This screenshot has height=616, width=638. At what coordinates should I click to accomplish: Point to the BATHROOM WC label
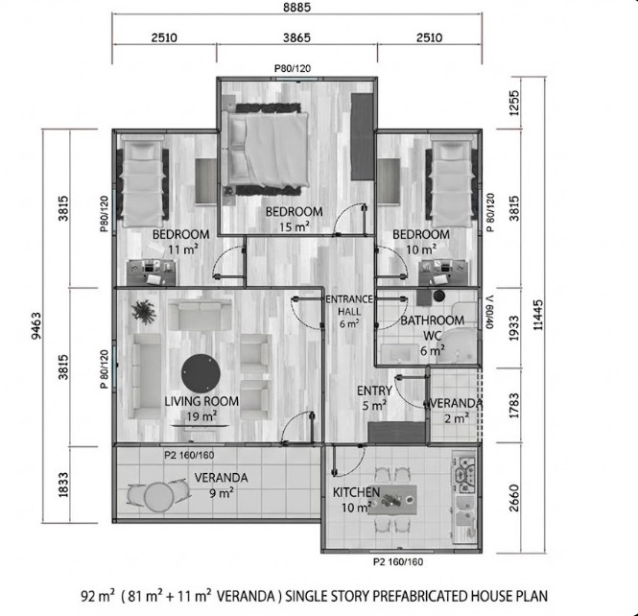(x=432, y=328)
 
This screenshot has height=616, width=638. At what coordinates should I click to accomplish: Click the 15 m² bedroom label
(x=295, y=219)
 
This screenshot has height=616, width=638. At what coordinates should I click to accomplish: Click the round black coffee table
(x=201, y=369)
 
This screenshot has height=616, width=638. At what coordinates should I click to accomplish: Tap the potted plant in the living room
(x=144, y=312)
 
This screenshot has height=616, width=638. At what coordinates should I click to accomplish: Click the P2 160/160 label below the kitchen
(x=400, y=560)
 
